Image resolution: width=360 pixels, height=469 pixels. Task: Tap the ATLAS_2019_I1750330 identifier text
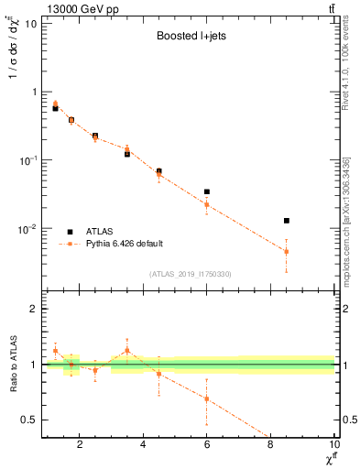189,274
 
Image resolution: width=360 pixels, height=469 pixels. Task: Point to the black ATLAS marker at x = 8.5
287,221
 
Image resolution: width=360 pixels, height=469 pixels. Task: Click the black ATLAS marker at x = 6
207,191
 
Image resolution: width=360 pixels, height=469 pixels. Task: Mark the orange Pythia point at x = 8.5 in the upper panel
287,251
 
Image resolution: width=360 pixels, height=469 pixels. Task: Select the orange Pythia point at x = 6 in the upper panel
207,204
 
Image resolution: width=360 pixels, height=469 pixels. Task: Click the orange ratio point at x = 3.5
127,350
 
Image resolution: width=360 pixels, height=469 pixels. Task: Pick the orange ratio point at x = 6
207,398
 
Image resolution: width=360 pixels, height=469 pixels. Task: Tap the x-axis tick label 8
270,445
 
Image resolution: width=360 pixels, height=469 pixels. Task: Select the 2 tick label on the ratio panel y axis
35,309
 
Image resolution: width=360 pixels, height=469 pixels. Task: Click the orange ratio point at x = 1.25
56,351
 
